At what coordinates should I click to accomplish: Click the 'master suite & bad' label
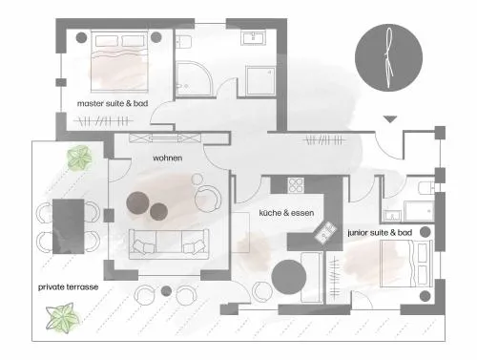pos(113,103)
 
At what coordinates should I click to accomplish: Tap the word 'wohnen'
pos(168,158)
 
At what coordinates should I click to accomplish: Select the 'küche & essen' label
pos(286,213)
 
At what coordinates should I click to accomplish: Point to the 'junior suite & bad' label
pos(380,233)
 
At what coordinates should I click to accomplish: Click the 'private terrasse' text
pos(68,287)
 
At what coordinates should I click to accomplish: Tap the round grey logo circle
pos(388,57)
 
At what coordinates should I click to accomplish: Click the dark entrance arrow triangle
pos(390,119)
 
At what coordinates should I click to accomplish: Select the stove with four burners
pos(296,185)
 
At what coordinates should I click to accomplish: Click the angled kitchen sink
pos(325,232)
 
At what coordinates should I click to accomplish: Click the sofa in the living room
pos(169,244)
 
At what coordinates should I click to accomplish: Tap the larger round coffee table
pos(138,203)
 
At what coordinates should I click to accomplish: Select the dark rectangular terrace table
pos(69,226)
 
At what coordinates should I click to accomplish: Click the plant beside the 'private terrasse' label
pos(62,318)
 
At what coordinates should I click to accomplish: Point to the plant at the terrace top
pos(79,158)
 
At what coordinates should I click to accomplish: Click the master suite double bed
pos(119,61)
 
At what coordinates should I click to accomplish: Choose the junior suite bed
pos(405,264)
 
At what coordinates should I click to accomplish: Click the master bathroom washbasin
pos(254,38)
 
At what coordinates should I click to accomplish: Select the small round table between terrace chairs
pos(166,290)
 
